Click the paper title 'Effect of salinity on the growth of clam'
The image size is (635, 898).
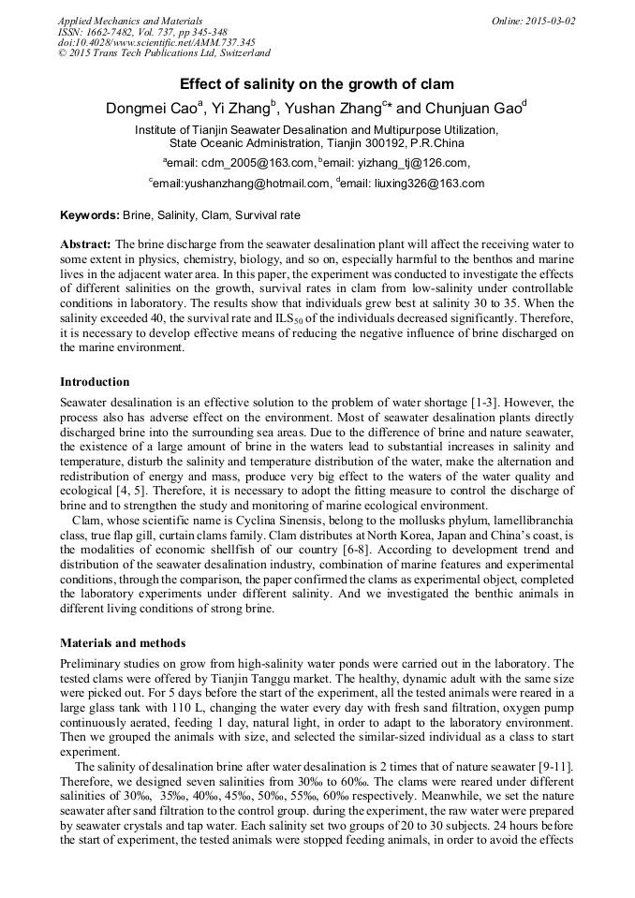[317, 84]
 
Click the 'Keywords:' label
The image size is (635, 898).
[89, 215]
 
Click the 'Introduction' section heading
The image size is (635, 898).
[95, 382]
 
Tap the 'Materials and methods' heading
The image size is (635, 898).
[122, 643]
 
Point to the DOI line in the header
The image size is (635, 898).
[156, 43]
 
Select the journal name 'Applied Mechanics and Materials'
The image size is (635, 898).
[130, 21]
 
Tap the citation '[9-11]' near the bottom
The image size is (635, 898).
[552, 768]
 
